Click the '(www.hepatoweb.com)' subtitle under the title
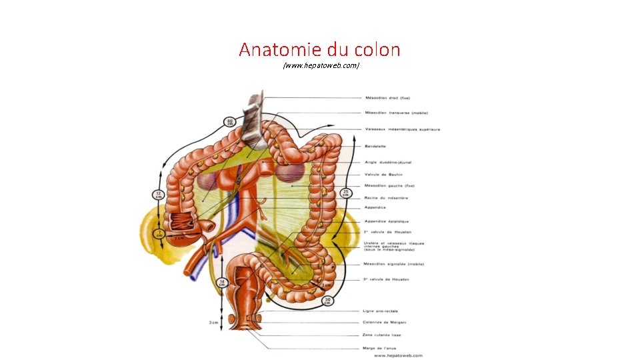pyautogui.click(x=321, y=65)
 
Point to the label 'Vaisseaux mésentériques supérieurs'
pyautogui.click(x=402, y=129)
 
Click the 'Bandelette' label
pyautogui.click(x=375, y=146)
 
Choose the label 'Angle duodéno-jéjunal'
pyautogui.click(x=388, y=162)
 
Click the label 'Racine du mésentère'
pyautogui.click(x=386, y=198)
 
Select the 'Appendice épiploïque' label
pyautogui.click(x=387, y=221)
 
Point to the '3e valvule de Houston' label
pyautogui.click(x=387, y=279)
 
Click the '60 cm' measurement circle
pyautogui.click(x=230, y=122)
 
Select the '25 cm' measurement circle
pyautogui.click(x=345, y=193)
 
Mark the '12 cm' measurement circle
pyautogui.click(x=159, y=195)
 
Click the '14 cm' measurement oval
pyautogui.click(x=221, y=283)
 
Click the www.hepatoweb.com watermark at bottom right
pyautogui.click(x=398, y=355)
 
